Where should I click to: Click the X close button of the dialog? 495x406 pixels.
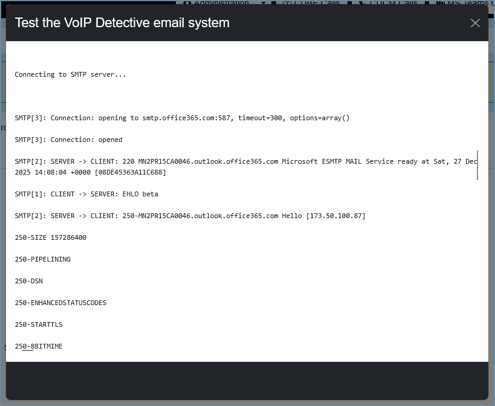click(x=475, y=23)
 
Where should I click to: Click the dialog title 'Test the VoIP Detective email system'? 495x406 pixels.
click(x=122, y=23)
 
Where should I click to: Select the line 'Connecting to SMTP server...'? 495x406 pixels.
click(x=71, y=75)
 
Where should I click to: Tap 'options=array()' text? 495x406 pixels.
click(x=320, y=118)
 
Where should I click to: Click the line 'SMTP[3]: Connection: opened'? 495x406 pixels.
click(x=69, y=140)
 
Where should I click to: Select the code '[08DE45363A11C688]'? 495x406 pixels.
click(x=131, y=173)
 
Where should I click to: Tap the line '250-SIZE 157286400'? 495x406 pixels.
click(x=51, y=238)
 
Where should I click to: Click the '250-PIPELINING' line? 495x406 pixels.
click(x=43, y=260)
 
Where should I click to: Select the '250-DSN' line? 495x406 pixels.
click(x=29, y=282)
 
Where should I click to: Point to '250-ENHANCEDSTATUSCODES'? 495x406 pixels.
click(x=60, y=303)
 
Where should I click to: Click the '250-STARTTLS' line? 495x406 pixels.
click(x=39, y=325)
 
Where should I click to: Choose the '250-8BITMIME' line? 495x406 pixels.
click(x=39, y=347)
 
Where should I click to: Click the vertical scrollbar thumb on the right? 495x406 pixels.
click(x=477, y=165)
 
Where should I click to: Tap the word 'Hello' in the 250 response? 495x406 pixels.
click(x=292, y=216)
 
